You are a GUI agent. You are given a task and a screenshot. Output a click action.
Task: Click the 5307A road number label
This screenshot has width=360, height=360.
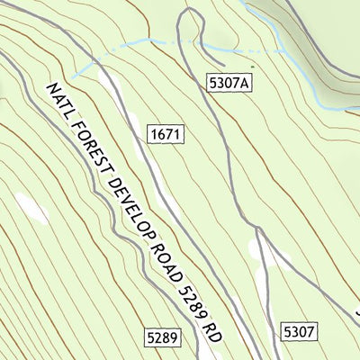[x=227, y=83]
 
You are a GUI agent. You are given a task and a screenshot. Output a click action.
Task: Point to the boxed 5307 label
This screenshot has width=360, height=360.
[x=299, y=331]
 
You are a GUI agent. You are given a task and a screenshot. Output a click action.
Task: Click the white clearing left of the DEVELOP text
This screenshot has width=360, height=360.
[x=33, y=209]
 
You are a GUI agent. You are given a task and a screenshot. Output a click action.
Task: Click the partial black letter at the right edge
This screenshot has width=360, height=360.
[x=356, y=315]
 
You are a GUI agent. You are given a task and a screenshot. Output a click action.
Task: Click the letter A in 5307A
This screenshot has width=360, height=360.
[x=243, y=83]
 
